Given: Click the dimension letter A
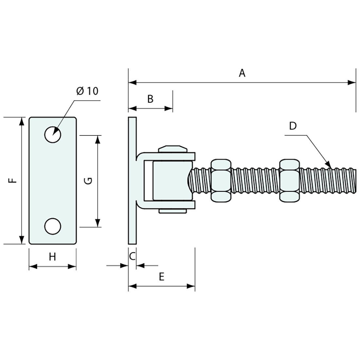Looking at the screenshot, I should coord(242,73).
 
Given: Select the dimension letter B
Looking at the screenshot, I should coord(150,99).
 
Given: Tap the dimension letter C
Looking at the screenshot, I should coord(132,256).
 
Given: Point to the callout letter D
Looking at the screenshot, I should coord(293,126).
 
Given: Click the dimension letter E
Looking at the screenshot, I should coord(161,277).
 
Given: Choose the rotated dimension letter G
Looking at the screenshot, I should coord(89,180).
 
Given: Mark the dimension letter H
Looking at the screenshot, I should coord(52,257).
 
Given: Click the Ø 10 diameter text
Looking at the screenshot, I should coord(87,91).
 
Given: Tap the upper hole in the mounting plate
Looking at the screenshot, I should coord(53,135).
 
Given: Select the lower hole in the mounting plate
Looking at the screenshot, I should coord(53,226).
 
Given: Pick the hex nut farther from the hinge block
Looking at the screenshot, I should coord(289,180).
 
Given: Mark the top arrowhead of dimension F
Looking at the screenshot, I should coord(22,121).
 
